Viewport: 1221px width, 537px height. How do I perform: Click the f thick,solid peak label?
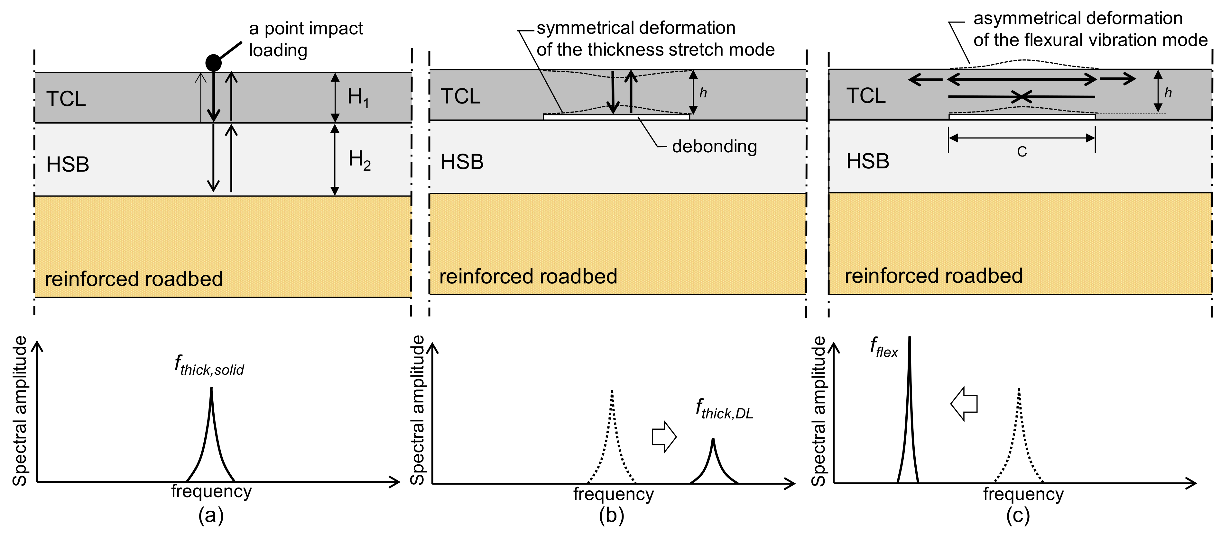[209, 366]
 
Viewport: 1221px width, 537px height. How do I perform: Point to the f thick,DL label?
[724, 410]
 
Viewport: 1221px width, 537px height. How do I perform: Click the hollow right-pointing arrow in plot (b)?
[663, 437]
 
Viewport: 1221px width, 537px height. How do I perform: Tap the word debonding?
[714, 146]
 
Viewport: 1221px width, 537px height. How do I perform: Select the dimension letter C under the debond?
[1022, 152]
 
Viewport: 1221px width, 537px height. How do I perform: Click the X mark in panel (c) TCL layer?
[1022, 97]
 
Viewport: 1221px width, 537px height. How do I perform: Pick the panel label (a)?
[211, 515]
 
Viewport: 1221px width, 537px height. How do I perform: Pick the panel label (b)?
[611, 515]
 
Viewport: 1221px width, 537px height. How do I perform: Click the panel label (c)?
[1018, 515]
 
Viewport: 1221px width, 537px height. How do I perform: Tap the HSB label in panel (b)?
[462, 162]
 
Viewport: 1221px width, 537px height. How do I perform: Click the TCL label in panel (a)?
[66, 99]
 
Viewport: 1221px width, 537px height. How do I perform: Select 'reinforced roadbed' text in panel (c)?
[933, 276]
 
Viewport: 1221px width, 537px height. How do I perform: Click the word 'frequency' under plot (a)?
[211, 491]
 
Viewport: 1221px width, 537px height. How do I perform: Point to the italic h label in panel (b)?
[703, 93]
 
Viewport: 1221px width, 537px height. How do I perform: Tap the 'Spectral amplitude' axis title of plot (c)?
[819, 411]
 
